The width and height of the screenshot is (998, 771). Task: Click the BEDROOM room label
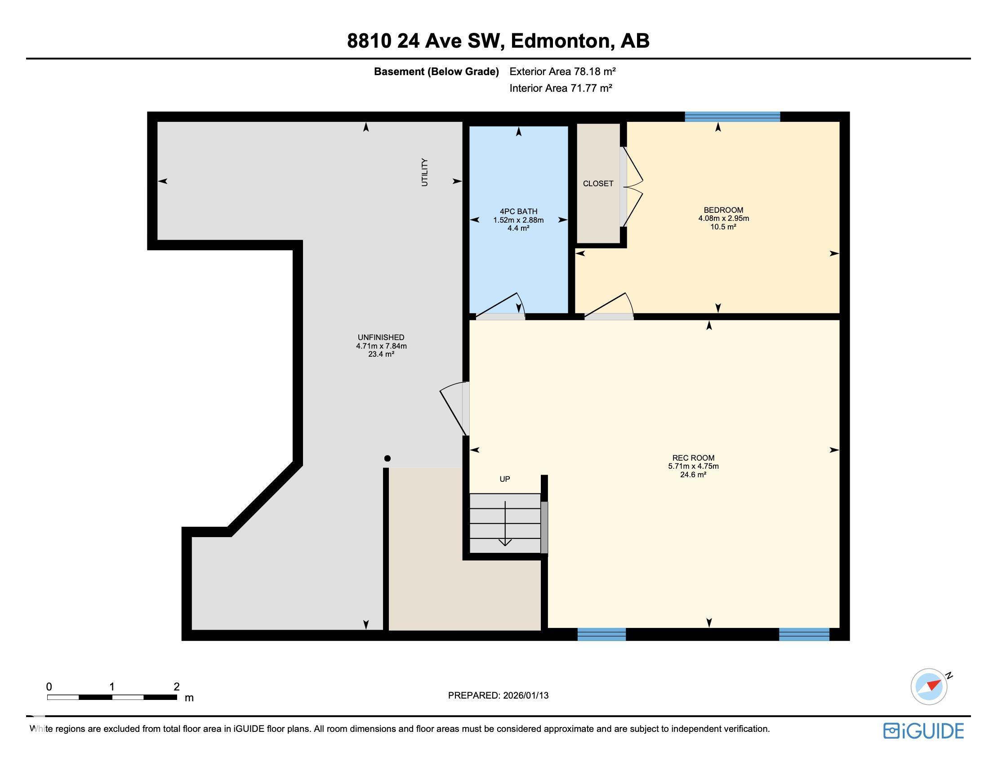pos(723,211)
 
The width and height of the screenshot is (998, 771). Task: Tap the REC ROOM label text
pos(693,458)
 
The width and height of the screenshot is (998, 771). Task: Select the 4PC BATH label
pos(518,211)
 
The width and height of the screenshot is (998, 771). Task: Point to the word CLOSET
pos(598,184)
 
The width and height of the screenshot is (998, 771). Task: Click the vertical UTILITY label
pos(425,172)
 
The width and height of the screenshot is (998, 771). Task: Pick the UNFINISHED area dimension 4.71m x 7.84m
pos(381,346)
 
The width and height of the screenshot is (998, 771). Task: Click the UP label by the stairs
pos(504,479)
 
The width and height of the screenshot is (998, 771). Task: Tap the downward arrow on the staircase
pos(505,524)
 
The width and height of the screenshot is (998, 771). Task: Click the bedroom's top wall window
pos(732,117)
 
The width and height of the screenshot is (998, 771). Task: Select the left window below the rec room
pos(601,634)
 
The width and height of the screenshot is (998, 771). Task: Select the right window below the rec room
pos(804,634)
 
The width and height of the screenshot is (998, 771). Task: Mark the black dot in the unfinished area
pos(388,458)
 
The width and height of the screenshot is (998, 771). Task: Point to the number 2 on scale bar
pos(177,686)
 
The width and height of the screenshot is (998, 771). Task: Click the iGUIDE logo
pos(923,731)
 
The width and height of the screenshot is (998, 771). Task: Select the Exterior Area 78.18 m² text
pos(562,72)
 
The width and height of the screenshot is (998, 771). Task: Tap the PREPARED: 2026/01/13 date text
pos(498,695)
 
